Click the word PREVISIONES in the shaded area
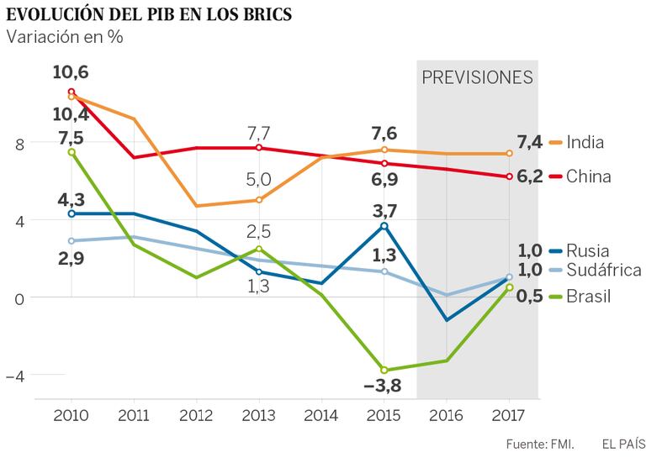point(477,77)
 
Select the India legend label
point(585,142)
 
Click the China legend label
point(589,176)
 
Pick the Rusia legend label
point(588,250)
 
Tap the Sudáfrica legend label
point(604,270)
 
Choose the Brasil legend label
point(589,296)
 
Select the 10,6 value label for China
point(71,72)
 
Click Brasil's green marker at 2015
point(384,370)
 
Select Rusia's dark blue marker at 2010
point(71,213)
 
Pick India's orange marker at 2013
point(259,200)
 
